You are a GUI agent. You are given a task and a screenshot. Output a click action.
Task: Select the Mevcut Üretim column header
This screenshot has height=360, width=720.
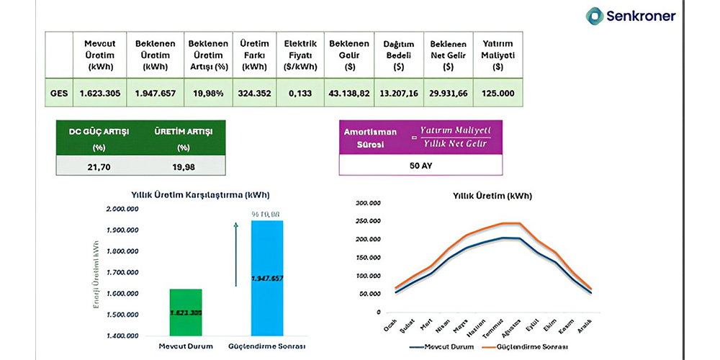pos(99,55)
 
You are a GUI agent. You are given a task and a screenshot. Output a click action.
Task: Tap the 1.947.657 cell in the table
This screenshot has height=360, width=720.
pos(155,93)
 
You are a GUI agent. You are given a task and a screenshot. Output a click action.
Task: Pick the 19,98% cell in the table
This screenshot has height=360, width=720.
pos(208,93)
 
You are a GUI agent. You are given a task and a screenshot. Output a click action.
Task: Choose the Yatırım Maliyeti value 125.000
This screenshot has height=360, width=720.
pos(498,93)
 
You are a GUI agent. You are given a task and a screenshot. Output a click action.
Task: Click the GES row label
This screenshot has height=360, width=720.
pos(60,93)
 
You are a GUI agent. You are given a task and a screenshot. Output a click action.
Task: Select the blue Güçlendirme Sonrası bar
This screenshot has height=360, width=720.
pos(277,277)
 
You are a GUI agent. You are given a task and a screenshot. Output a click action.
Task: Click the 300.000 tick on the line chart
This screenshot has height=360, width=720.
pos(369,203)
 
